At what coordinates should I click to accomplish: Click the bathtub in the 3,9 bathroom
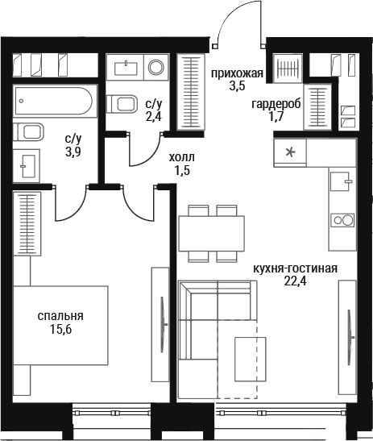click(x=53, y=101)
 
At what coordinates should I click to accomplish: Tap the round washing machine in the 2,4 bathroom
click(x=156, y=67)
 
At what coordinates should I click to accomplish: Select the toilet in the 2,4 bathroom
click(x=122, y=103)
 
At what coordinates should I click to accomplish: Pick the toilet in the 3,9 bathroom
click(x=29, y=131)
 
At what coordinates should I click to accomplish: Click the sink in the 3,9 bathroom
click(x=27, y=165)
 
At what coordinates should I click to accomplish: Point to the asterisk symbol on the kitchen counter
click(x=290, y=152)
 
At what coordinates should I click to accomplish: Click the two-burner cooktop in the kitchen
click(x=342, y=220)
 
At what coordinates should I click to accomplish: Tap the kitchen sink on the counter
click(x=341, y=181)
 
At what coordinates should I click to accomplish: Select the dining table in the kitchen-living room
click(x=212, y=234)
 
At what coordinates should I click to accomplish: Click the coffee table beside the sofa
click(x=251, y=359)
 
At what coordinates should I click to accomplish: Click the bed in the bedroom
click(x=60, y=326)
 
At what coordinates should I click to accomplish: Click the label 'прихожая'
click(x=237, y=73)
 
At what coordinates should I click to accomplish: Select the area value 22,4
click(x=295, y=281)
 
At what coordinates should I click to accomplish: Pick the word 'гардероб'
click(x=276, y=104)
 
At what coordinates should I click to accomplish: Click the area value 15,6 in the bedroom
click(x=60, y=329)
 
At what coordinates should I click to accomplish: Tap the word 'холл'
click(x=182, y=157)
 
